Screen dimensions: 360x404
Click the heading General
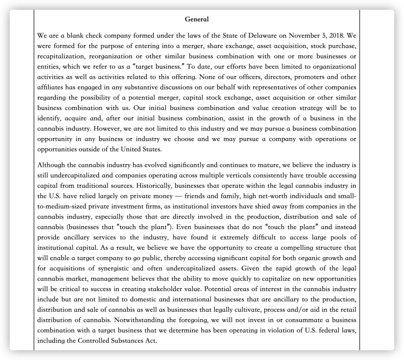click(x=196, y=19)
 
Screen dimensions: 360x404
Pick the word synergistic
click(x=130, y=268)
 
